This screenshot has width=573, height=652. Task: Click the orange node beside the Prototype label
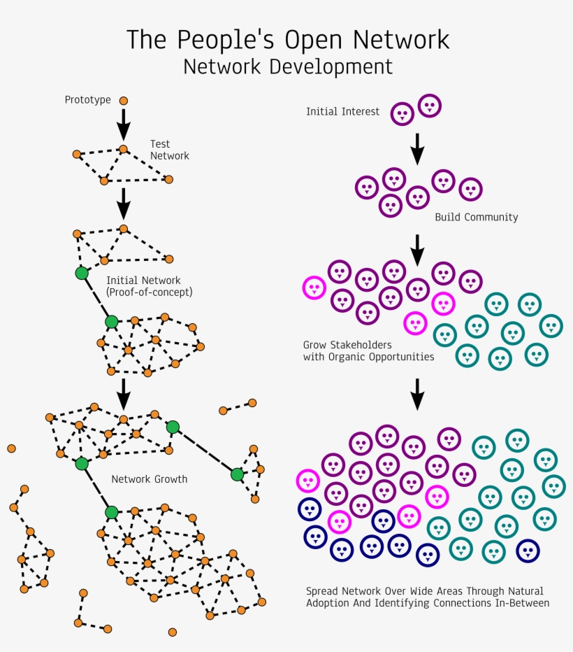click(124, 101)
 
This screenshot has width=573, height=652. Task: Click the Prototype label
click(88, 100)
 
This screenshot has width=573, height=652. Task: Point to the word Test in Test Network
click(160, 144)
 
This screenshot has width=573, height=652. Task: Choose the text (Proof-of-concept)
click(149, 292)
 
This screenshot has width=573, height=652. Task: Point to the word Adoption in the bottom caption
click(328, 603)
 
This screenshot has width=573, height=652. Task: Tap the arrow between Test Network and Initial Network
click(124, 203)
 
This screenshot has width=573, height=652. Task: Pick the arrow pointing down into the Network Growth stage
click(124, 393)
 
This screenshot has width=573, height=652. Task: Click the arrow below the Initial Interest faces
click(417, 148)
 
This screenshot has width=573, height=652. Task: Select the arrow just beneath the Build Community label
click(417, 250)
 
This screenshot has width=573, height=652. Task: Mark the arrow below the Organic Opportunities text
click(417, 394)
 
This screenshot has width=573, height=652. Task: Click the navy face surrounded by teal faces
click(528, 551)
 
